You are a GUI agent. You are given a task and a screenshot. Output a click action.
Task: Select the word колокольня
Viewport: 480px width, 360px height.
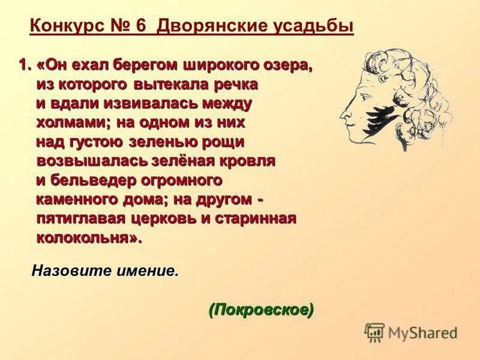coord(89,238)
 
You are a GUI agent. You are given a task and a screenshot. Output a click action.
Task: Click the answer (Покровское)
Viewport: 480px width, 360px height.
coord(261,310)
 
